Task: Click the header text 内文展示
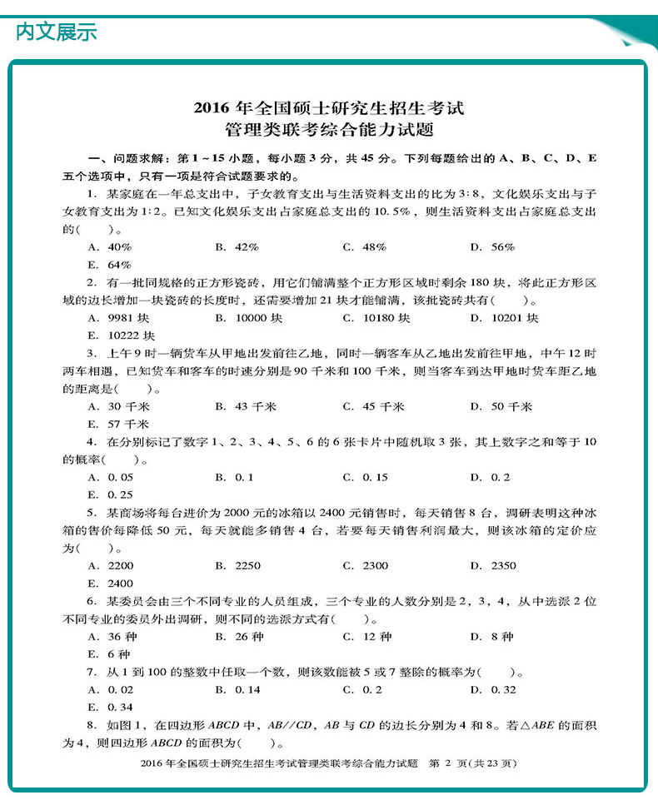click(57, 32)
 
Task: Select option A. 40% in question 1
click(109, 247)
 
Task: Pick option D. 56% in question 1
click(492, 247)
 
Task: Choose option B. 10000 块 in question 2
click(248, 318)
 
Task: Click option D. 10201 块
click(504, 318)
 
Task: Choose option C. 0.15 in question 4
click(365, 477)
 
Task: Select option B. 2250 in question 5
click(237, 566)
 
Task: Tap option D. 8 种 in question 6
click(491, 637)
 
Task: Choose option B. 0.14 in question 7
click(237, 689)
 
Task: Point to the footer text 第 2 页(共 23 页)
click(472, 763)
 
